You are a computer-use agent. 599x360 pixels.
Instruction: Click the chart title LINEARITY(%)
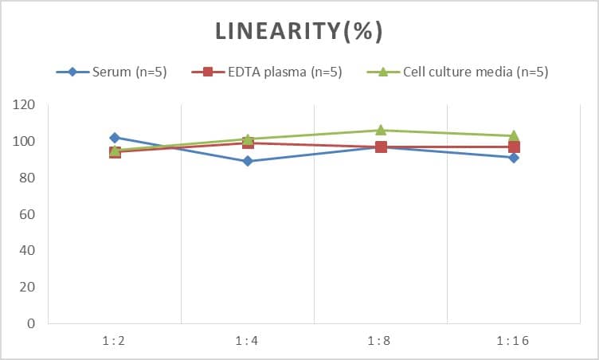point(299,31)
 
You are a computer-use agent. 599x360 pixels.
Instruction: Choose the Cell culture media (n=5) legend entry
point(456,72)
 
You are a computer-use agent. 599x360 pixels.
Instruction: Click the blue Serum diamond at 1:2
point(115,138)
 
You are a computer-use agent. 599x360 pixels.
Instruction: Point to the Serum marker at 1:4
point(248,161)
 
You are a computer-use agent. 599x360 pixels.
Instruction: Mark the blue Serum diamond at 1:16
point(514,158)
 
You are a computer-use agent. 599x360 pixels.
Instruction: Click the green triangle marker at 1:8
point(381,130)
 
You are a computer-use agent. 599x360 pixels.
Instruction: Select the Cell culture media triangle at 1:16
point(514,135)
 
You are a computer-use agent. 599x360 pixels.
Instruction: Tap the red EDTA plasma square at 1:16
point(514,147)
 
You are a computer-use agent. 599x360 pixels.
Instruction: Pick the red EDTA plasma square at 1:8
point(381,147)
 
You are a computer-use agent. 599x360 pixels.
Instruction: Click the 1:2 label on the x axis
point(115,341)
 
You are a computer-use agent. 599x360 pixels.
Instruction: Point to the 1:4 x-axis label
point(248,341)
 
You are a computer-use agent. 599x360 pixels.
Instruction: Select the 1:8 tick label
point(381,341)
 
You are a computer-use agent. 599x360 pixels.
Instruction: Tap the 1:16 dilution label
point(514,341)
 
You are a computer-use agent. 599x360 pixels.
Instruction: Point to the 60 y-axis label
point(28,214)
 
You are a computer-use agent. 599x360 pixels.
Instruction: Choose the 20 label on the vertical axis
point(28,288)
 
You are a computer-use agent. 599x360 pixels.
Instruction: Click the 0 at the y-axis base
point(31,323)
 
